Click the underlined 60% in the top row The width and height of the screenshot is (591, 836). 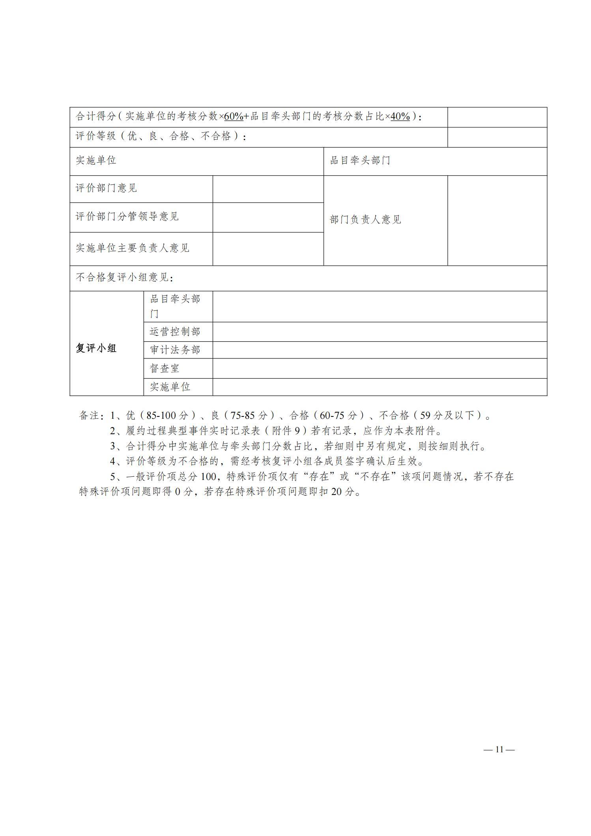(x=234, y=116)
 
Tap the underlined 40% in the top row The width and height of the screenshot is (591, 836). (x=400, y=116)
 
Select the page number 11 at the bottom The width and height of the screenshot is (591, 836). (x=499, y=750)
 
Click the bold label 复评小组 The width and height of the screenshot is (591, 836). (x=96, y=348)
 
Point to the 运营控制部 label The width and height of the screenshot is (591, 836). (x=175, y=332)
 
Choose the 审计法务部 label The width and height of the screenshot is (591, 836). (x=175, y=350)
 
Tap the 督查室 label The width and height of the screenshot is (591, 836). (x=165, y=368)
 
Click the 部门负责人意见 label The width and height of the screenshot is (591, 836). (x=365, y=220)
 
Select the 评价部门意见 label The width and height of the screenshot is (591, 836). (x=106, y=188)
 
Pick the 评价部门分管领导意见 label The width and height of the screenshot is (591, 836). (x=127, y=217)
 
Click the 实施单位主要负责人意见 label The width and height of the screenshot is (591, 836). (x=133, y=248)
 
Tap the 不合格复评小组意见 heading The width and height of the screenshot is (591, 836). (x=124, y=277)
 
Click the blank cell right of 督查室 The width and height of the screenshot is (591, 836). (x=380, y=368)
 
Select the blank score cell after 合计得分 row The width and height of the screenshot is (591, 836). (x=497, y=117)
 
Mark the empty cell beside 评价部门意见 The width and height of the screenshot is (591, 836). (x=268, y=189)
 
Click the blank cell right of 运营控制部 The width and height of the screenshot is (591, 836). (x=380, y=332)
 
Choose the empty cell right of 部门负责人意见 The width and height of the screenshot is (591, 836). (x=497, y=220)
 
